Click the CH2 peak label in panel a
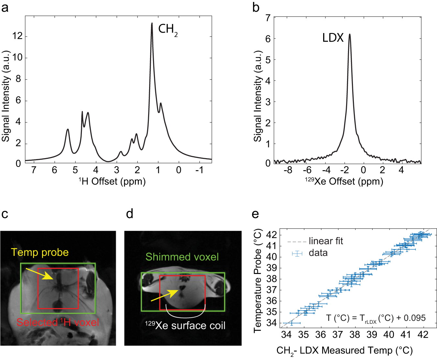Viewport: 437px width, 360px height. [x=168, y=29]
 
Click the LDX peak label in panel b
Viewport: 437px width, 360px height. [x=333, y=38]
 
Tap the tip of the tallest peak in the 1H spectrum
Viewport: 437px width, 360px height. [x=152, y=23]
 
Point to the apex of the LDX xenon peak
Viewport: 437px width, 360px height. [x=349, y=34]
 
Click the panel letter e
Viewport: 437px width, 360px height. [x=255, y=214]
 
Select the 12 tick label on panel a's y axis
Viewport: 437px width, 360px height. [x=17, y=36]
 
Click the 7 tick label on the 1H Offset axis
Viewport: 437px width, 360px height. [x=34, y=170]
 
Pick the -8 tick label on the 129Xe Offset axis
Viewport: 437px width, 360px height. [x=288, y=170]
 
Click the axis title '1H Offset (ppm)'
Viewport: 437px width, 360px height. [x=112, y=181]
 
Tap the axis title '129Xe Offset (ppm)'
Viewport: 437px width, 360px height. [x=344, y=181]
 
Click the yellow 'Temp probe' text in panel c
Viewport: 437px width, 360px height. [x=40, y=252]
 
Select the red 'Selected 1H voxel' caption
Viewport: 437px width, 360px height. [x=58, y=322]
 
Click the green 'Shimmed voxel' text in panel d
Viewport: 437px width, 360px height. [x=182, y=257]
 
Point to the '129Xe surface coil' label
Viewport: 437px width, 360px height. [x=185, y=325]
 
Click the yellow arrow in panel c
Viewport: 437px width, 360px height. [x=39, y=274]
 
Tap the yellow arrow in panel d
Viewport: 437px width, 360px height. [x=165, y=295]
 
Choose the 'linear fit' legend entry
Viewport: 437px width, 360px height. [x=325, y=241]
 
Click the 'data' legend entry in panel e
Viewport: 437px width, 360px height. [x=318, y=253]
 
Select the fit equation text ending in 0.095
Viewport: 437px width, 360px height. [x=376, y=318]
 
